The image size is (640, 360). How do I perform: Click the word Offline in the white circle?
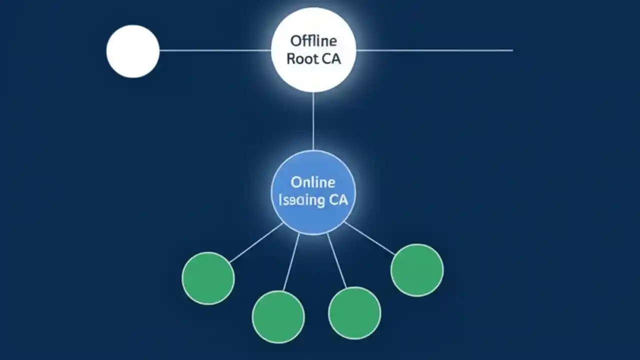pos(313,41)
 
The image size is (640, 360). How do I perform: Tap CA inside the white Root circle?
pos(330,58)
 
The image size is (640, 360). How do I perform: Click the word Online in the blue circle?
pos(313,182)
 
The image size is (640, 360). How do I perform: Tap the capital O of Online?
pos(296,182)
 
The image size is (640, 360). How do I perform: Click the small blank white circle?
pos(133,51)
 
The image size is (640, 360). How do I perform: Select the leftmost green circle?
pos(208,278)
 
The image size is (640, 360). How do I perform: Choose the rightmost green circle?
pos(417,270)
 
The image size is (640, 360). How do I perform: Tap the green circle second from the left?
pos(278,317)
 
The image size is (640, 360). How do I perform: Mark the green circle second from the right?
pos(354,313)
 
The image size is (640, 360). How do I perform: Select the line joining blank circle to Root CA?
pos(215,50)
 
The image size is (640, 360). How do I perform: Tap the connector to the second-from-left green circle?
pos(291,261)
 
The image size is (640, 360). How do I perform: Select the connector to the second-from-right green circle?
pos(337,260)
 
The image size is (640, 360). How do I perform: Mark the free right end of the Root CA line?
pos(511,50)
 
